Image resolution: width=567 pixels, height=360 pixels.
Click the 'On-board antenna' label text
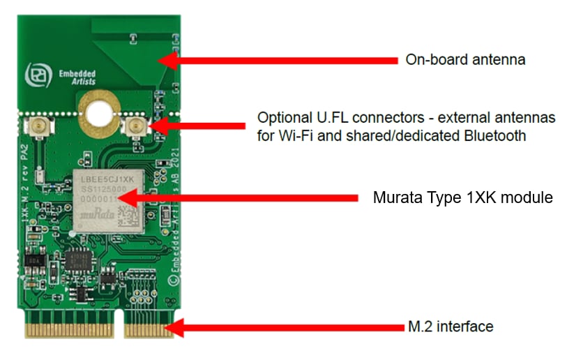tap(465, 60)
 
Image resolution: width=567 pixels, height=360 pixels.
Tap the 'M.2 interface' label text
tap(450, 326)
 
